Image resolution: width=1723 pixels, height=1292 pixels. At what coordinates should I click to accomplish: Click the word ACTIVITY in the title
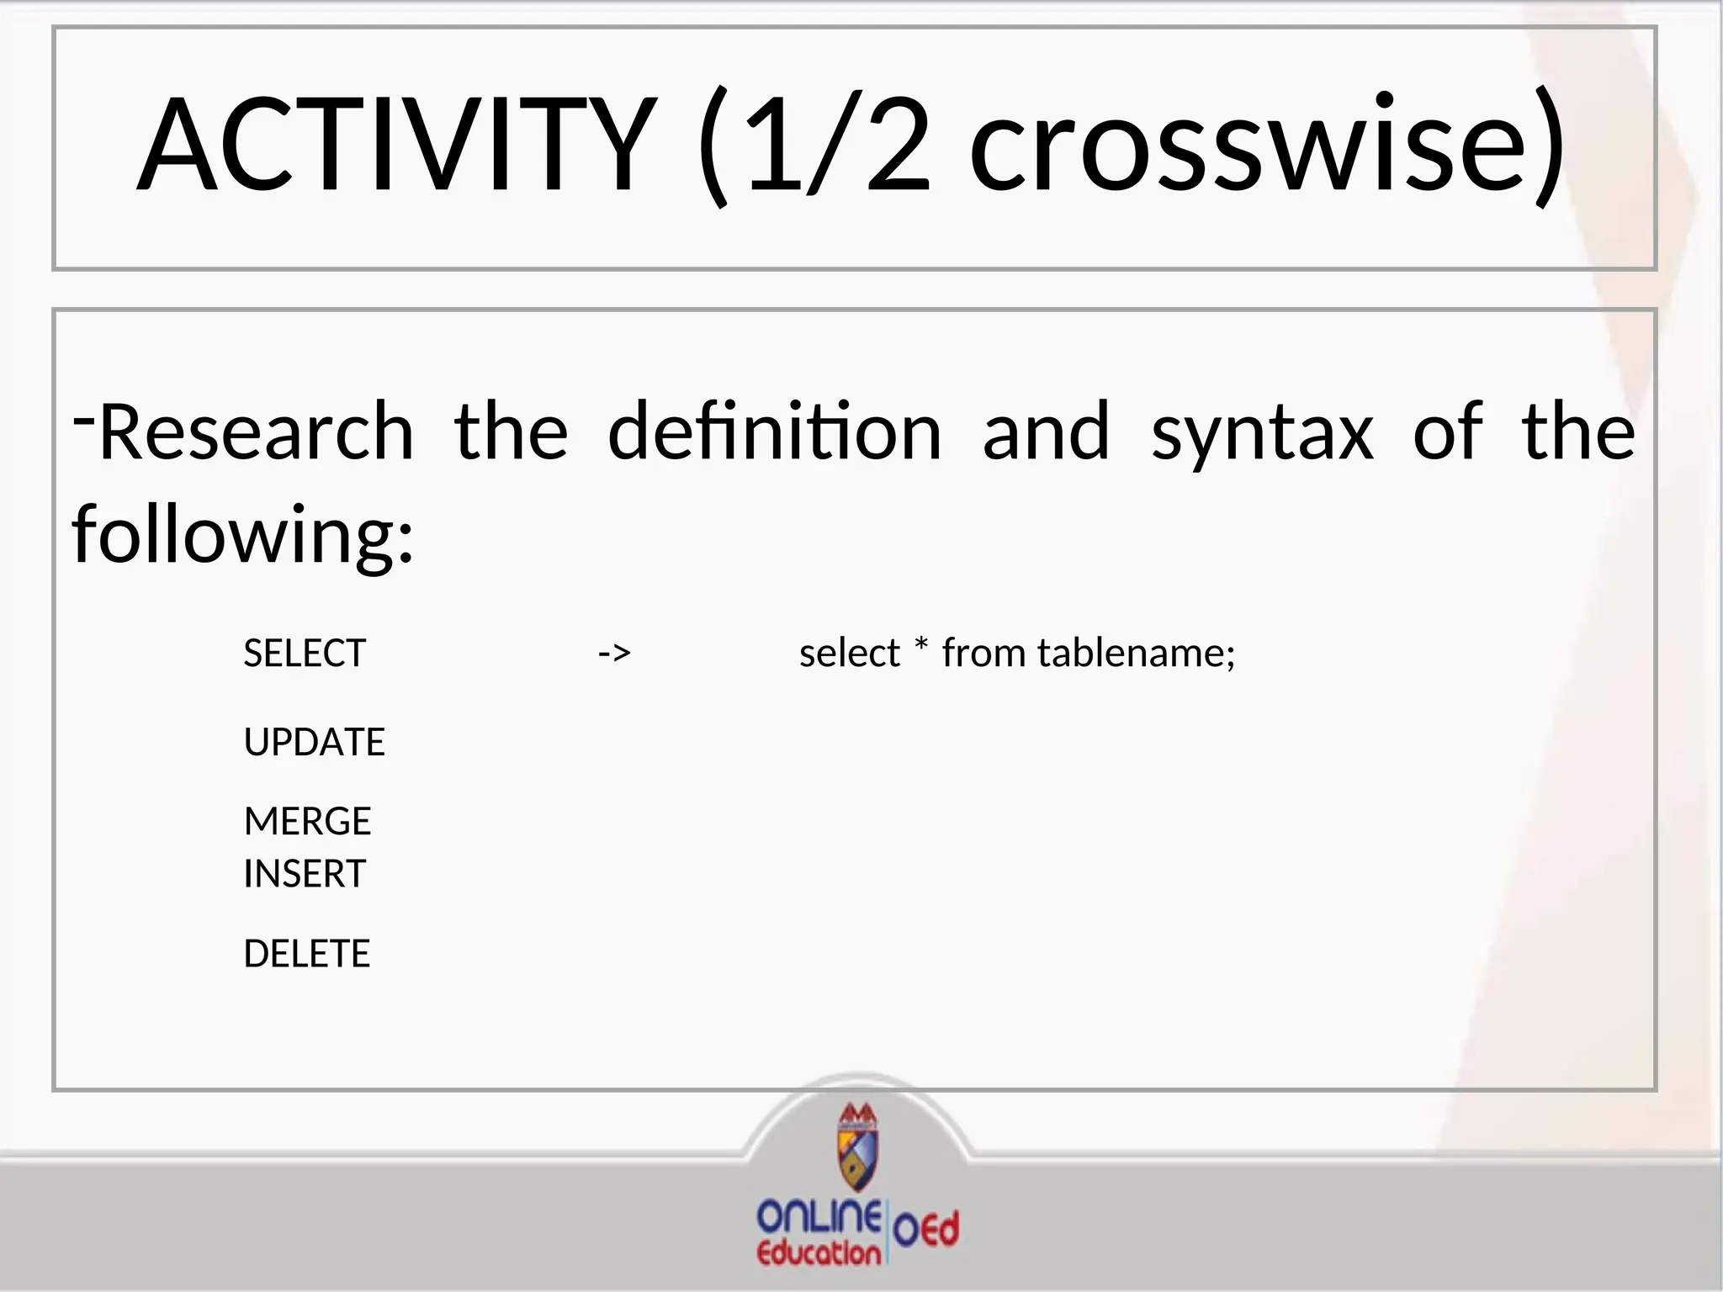click(395, 145)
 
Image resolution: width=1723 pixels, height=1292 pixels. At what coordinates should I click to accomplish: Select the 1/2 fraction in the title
click(838, 145)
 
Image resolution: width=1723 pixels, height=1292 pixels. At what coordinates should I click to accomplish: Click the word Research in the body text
click(257, 432)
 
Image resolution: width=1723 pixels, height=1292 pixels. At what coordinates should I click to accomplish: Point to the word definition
click(774, 432)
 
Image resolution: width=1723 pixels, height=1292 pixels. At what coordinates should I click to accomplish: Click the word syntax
click(1262, 432)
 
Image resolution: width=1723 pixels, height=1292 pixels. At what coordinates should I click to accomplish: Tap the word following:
click(243, 535)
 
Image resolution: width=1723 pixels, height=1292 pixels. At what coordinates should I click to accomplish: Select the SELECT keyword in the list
click(305, 654)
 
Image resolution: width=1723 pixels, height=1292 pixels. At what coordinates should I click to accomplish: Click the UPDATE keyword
click(314, 743)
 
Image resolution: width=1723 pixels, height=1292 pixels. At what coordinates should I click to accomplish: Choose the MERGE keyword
click(307, 822)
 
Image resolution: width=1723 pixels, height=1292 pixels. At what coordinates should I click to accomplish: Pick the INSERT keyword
click(305, 874)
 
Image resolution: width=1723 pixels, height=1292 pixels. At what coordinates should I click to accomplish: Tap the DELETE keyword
click(306, 954)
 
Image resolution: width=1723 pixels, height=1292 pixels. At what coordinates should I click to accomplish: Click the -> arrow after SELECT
click(614, 654)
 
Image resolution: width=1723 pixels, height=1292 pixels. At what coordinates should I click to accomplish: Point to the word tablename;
click(1136, 654)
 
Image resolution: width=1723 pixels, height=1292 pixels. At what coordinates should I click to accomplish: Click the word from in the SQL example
click(983, 654)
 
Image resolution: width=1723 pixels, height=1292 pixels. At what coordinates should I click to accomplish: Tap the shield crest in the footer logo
click(857, 1147)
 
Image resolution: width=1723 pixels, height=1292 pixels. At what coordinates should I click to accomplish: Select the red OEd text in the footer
click(926, 1230)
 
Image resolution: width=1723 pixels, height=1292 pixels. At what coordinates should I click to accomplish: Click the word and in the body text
click(1046, 432)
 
